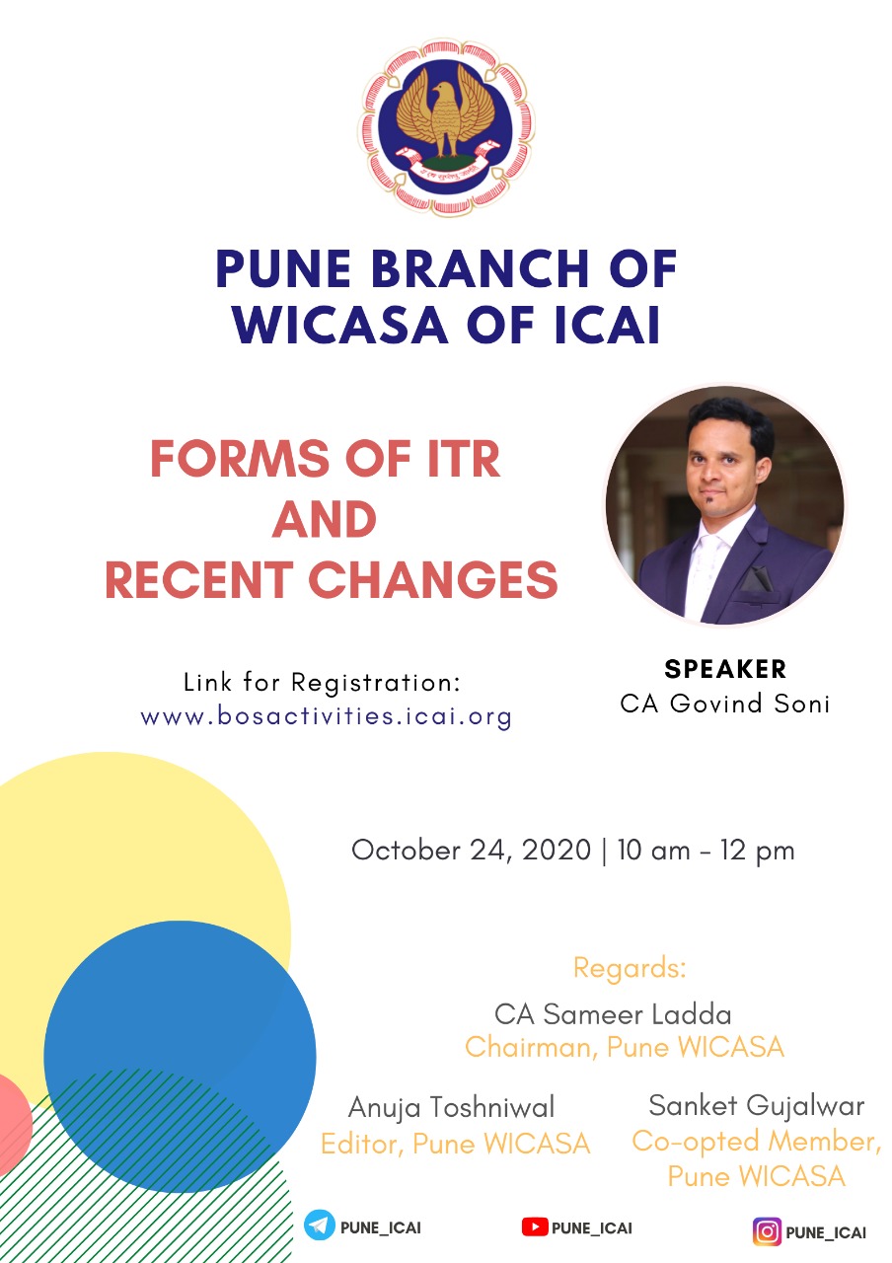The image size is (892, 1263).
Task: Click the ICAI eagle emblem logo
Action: pyautogui.click(x=447, y=127)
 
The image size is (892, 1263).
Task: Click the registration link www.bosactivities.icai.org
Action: pyautogui.click(x=326, y=716)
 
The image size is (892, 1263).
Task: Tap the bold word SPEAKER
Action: pyautogui.click(x=725, y=669)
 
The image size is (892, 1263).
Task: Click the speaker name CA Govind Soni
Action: pyautogui.click(x=724, y=704)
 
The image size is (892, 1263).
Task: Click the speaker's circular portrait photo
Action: pyautogui.click(x=724, y=504)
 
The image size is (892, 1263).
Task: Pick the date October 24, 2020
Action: pyautogui.click(x=471, y=850)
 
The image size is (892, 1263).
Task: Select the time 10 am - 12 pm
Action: pyautogui.click(x=706, y=851)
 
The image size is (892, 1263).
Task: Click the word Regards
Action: pyautogui.click(x=630, y=969)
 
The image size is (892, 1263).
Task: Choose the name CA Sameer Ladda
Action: pyautogui.click(x=613, y=1014)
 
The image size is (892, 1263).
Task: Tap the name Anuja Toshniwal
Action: pyautogui.click(x=452, y=1107)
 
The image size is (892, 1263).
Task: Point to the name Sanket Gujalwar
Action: pyautogui.click(x=756, y=1106)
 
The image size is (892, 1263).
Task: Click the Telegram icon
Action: pyautogui.click(x=319, y=1225)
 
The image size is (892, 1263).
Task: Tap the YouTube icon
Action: pyautogui.click(x=535, y=1226)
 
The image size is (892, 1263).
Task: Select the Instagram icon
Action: pyautogui.click(x=767, y=1230)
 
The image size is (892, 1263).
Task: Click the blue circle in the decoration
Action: pyautogui.click(x=180, y=1056)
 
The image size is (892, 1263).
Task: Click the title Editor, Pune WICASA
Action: pyautogui.click(x=455, y=1144)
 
